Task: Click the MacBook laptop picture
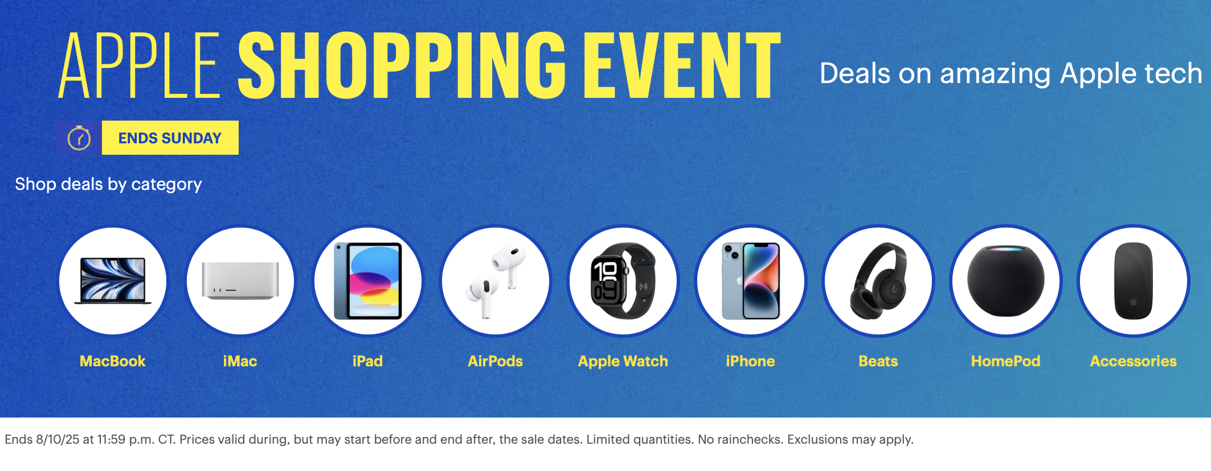113,280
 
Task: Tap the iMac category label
240,361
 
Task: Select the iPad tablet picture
368,281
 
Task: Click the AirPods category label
495,361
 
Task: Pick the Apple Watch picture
623,281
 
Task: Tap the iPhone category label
750,361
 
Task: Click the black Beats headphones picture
878,281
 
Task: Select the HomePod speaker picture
1006,281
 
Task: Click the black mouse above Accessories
1134,281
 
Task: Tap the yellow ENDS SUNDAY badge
170,138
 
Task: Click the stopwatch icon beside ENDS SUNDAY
79,138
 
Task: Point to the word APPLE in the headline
140,65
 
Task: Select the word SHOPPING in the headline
402,65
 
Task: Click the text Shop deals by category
108,184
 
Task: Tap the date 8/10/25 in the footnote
58,439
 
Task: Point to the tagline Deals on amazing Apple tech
1011,74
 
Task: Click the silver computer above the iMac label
240,280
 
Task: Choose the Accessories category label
1134,361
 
